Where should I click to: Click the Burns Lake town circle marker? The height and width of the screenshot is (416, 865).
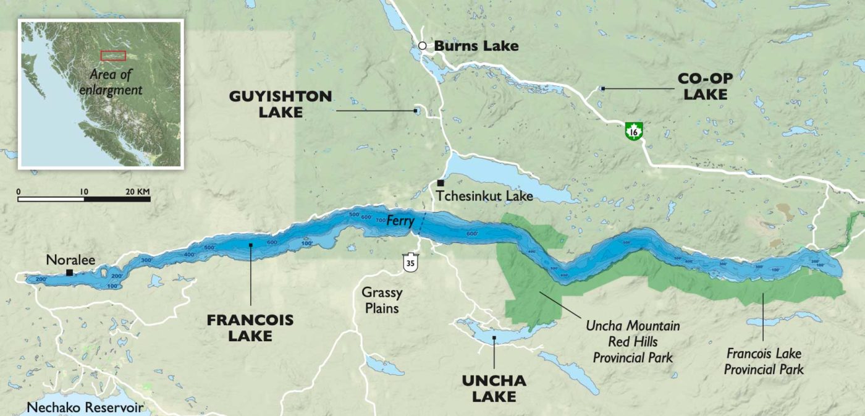422,46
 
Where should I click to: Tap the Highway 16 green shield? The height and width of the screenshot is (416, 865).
633,131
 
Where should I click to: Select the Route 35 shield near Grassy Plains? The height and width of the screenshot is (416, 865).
409,262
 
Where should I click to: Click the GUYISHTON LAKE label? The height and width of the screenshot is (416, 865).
280,104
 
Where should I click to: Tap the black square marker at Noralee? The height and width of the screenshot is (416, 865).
70,272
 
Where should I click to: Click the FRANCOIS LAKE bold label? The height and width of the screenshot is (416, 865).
250,328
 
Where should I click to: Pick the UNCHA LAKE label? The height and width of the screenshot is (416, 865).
494,388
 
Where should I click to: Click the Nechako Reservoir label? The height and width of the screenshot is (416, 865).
85,408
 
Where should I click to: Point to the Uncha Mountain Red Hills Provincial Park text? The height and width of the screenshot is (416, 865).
632,341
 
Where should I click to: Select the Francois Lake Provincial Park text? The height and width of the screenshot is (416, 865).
764,361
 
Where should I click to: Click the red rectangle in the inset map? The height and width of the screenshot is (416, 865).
113,56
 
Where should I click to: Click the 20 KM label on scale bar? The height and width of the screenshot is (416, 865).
138,191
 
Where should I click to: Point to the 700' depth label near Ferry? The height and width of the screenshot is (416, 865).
378,221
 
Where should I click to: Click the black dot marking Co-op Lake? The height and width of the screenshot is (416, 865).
603,88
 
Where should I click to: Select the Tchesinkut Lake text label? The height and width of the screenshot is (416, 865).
484,197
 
